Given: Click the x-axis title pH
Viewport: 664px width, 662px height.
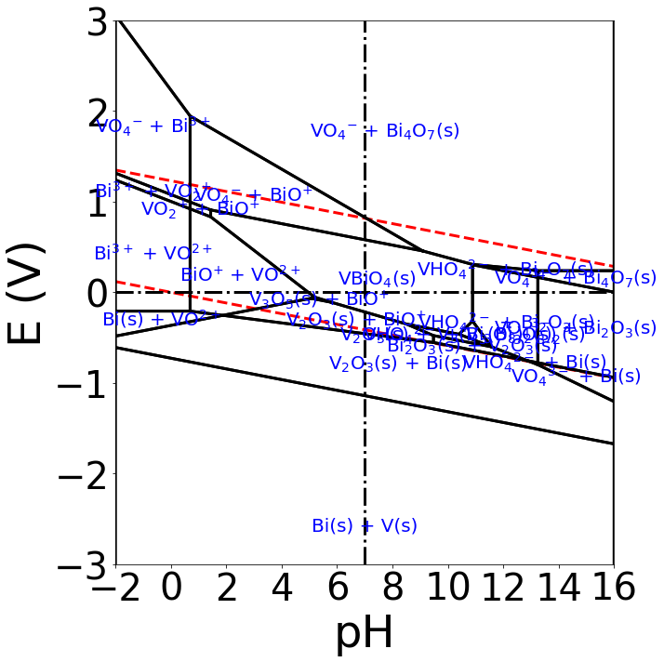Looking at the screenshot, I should click(364, 632).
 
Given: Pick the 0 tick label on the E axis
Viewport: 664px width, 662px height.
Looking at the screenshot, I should click(96, 293).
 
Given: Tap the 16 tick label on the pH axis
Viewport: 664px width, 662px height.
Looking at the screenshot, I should click(613, 589).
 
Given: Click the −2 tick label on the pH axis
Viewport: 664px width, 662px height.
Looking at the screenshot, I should click(116, 589).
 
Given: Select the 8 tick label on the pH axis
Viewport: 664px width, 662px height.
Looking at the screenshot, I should click(392, 589).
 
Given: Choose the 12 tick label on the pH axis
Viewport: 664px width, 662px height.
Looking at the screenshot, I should click(503, 589).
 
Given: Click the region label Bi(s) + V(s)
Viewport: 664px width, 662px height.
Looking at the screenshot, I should click(365, 526).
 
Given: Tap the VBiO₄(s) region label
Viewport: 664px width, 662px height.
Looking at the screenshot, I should click(377, 279).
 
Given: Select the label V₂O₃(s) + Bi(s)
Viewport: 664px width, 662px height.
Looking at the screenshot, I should click(397, 364).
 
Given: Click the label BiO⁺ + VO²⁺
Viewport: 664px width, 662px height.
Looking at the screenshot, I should click(241, 274).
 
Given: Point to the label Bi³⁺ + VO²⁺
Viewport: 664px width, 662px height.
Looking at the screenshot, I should click(153, 253).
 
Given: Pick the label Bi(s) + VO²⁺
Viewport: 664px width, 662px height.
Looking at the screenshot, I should click(161, 319).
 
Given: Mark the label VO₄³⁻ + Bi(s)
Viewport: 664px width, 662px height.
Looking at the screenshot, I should click(576, 377).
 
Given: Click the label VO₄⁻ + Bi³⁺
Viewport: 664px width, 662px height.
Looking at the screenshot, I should click(153, 126).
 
